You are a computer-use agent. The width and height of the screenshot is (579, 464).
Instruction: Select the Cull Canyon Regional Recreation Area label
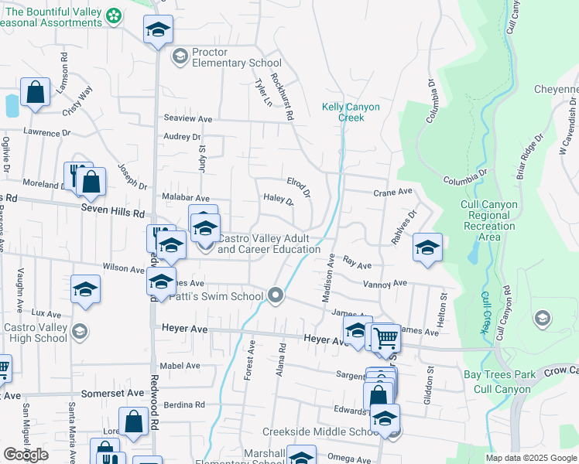488,220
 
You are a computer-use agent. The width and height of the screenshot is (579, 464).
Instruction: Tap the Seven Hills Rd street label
112,211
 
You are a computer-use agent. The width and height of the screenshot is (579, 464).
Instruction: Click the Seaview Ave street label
187,118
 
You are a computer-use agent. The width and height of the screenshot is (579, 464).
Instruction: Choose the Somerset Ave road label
113,393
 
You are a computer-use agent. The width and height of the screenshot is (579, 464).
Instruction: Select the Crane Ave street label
391,193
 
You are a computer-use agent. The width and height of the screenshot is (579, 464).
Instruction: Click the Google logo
26,455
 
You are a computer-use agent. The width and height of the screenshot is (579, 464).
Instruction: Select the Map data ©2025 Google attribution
531,458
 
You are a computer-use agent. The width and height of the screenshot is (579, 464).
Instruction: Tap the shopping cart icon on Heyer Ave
385,336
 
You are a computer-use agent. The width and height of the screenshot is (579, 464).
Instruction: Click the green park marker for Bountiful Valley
114,15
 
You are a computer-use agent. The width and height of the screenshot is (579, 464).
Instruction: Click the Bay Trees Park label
499,374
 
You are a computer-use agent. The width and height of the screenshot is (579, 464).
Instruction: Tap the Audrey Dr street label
182,137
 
